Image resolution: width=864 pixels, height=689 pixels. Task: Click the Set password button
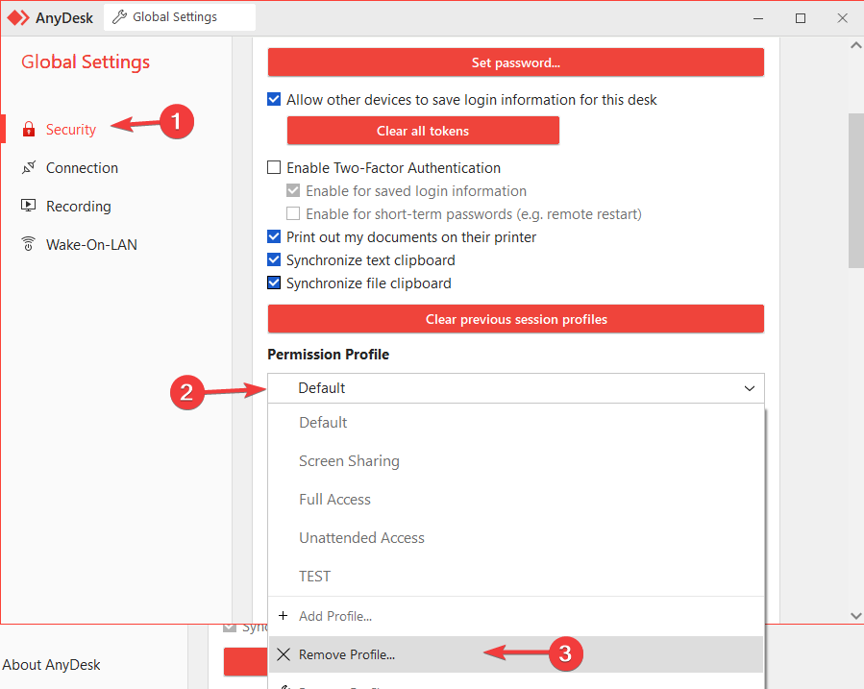515,62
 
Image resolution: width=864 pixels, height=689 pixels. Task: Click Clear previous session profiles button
515,319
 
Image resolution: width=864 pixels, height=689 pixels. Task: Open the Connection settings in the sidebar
82,168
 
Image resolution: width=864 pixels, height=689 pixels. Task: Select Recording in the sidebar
78,207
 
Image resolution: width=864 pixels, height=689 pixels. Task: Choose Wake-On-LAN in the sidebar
91,245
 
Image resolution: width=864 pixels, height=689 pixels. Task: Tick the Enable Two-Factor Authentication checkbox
274,168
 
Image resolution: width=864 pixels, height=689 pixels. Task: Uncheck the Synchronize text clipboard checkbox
274,260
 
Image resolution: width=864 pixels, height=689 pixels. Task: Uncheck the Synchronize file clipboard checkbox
274,283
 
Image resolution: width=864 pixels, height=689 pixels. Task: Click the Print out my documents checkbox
274,237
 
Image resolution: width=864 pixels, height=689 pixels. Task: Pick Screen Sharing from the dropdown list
349,461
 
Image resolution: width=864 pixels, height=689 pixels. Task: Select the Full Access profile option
334,500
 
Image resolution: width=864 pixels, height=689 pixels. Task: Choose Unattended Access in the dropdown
361,538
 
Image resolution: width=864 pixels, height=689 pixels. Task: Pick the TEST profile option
314,577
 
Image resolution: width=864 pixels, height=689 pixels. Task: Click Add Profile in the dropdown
334,616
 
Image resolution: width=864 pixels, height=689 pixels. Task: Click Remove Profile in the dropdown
346,654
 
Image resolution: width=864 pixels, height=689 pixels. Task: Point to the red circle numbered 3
566,654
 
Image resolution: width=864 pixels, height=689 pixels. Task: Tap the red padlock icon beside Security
28,130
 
